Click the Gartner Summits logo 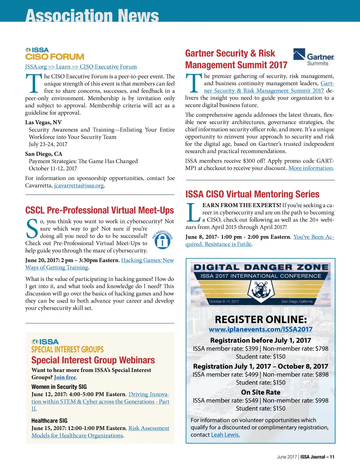pyautogui.click(x=314, y=57)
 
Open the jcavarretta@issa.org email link pyautogui.click(x=79, y=186)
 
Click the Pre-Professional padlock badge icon pyautogui.click(x=162, y=240)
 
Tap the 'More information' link pyautogui.click(x=310, y=168)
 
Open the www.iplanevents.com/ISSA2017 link pyautogui.click(x=261, y=329)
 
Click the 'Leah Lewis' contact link pyautogui.click(x=225, y=435)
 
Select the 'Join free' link pyautogui.click(x=65, y=377)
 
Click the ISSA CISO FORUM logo pyautogui.click(x=54, y=54)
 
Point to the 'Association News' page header pyautogui.click(x=92, y=15)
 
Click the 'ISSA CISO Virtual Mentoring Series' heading pyautogui.click(x=252, y=194)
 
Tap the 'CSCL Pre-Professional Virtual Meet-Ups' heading pyautogui.click(x=99, y=210)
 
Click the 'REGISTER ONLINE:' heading pyautogui.click(x=261, y=319)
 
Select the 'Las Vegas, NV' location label pyautogui.click(x=43, y=122)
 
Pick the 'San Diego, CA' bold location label pyautogui.click(x=44, y=154)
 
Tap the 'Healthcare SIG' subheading pyautogui.click(x=49, y=420)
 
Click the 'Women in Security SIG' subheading pyautogui.click(x=59, y=386)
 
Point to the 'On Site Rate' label pyautogui.click(x=261, y=392)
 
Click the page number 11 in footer pyautogui.click(x=332, y=457)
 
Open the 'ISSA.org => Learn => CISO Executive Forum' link pyautogui.click(x=81, y=66)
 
